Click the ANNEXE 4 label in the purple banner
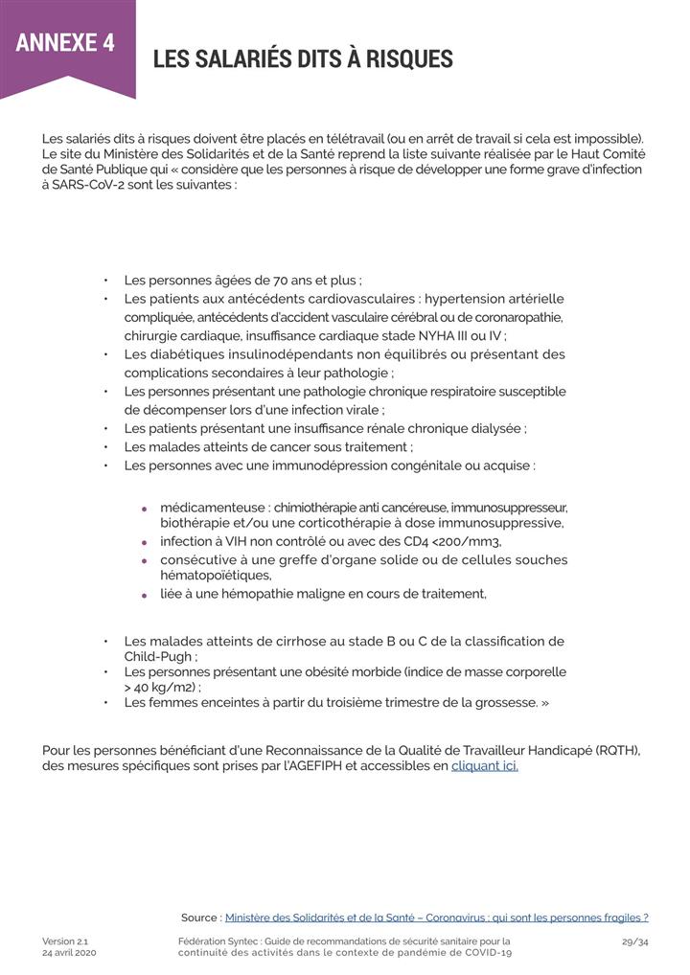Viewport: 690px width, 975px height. (65, 43)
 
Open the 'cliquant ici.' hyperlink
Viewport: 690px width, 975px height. (484, 766)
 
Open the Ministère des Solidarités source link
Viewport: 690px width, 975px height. (436, 917)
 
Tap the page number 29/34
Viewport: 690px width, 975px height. (634, 941)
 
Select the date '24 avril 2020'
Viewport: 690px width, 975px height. (69, 953)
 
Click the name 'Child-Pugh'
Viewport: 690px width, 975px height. (158, 657)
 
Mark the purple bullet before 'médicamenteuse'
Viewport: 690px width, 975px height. (144, 509)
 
